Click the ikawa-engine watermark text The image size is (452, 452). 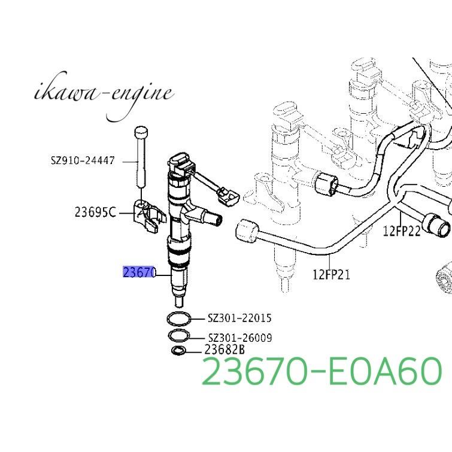click(104, 95)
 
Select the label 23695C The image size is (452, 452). click(95, 211)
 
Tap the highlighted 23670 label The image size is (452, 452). click(139, 272)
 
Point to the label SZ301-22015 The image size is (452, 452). click(239, 318)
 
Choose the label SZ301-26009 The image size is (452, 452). click(239, 338)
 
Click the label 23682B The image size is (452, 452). click(225, 350)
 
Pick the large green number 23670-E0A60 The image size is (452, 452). click(322, 371)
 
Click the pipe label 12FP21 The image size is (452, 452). click(331, 275)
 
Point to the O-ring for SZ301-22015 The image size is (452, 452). click(179, 318)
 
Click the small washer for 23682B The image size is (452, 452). click(178, 350)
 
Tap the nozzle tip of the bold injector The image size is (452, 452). click(179, 301)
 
